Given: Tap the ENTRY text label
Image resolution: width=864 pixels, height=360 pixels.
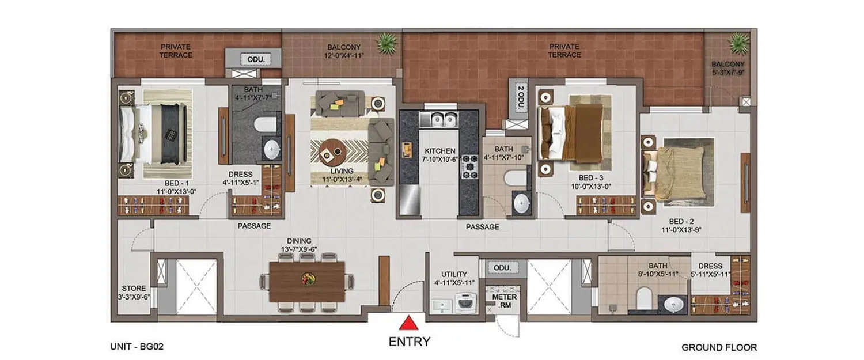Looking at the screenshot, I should pos(409,342).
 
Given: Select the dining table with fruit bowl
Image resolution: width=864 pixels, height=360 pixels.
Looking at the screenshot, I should pos(306,281).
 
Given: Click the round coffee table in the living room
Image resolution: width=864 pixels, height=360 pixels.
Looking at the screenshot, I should pos(331,151).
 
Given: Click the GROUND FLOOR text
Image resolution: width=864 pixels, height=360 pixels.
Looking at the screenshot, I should pos(719,347).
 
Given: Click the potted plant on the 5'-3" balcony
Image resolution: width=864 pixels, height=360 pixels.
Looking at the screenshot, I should pos(738,43).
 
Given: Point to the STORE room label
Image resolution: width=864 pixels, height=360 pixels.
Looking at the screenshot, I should pos(133,293).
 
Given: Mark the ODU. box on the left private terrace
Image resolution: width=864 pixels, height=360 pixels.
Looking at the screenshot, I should pos(252,59).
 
